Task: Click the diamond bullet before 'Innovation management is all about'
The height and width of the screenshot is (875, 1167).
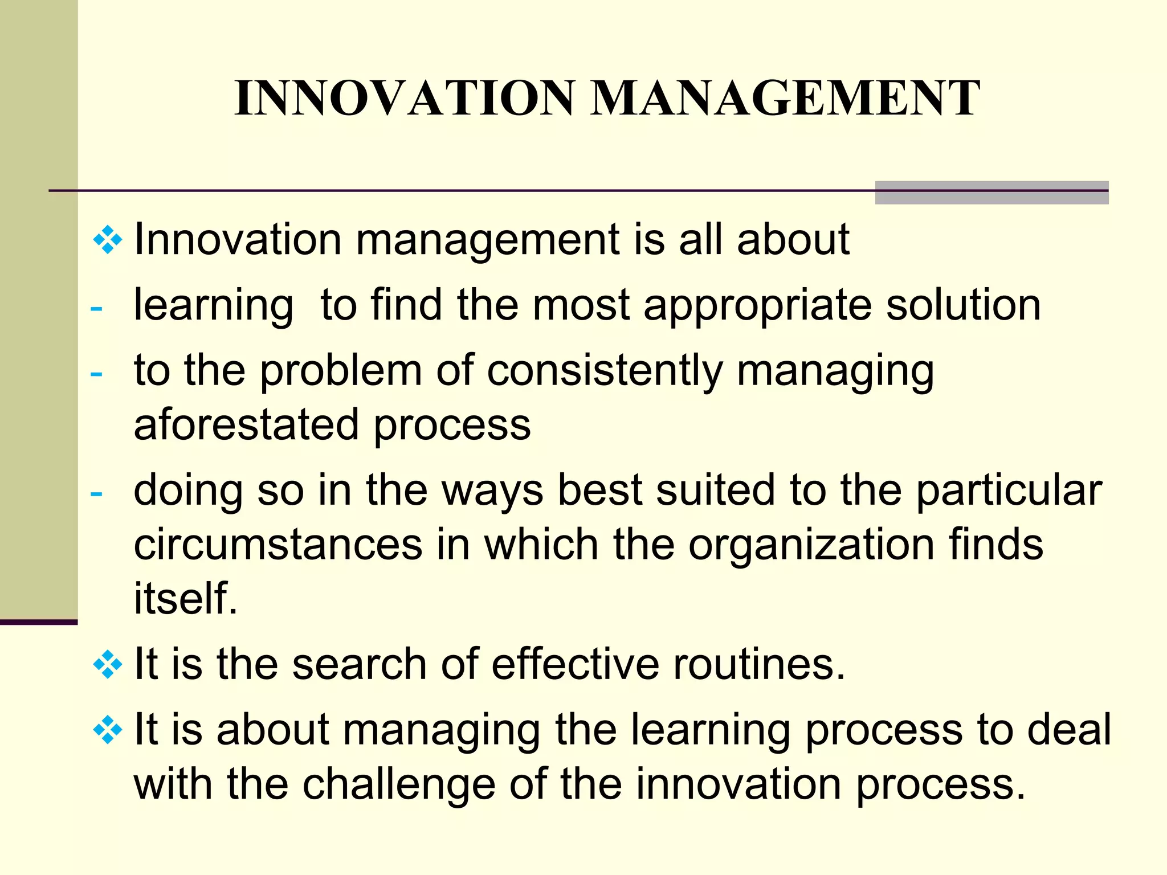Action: point(107,240)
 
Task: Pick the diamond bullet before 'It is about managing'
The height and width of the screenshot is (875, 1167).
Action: point(107,731)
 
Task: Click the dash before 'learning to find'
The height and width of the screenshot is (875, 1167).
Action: point(96,309)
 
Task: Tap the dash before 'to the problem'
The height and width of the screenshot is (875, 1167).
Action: point(96,374)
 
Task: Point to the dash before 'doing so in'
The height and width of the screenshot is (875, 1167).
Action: point(96,493)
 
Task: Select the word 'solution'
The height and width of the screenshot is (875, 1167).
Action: point(964,305)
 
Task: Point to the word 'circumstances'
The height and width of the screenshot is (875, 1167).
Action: point(278,545)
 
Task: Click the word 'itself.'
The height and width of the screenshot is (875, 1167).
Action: point(185,599)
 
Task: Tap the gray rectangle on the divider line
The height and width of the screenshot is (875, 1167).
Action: point(991,193)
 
